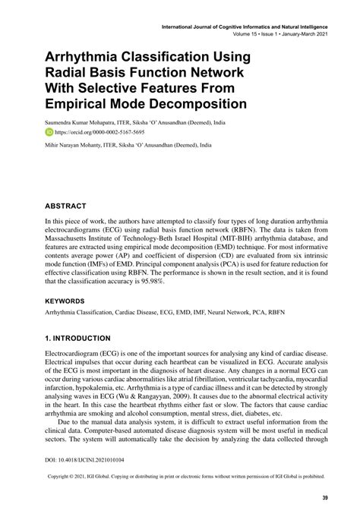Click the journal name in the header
point(243,26)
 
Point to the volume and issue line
point(280,33)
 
